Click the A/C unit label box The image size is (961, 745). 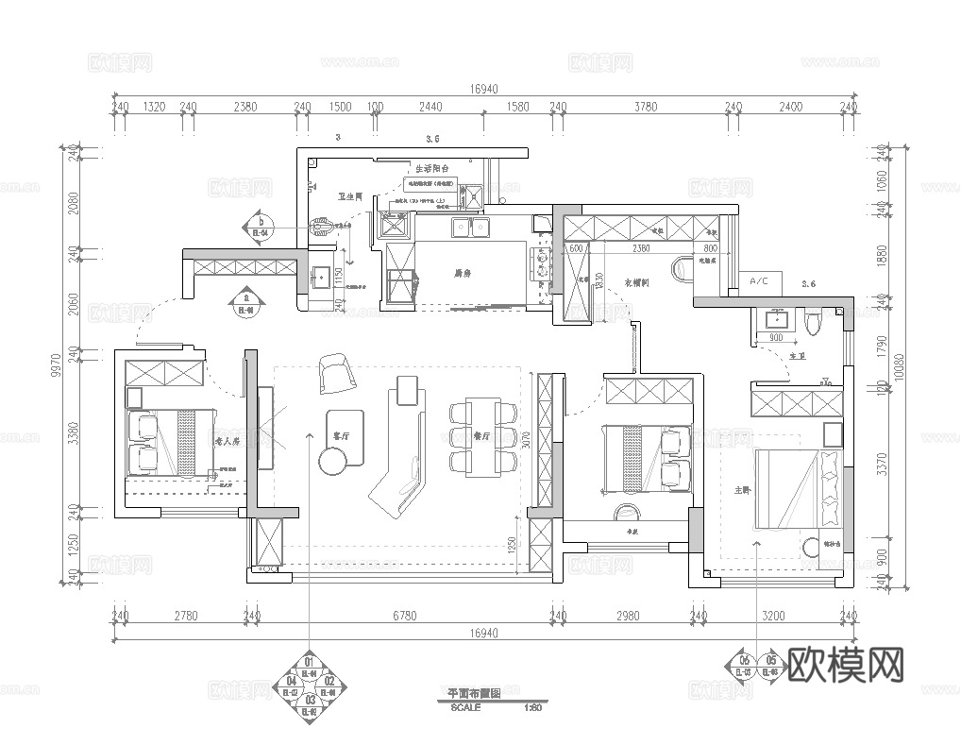tap(761, 281)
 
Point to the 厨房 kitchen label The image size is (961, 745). tap(463, 274)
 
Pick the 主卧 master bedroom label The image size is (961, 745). tap(742, 488)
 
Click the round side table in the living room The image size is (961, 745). tap(333, 461)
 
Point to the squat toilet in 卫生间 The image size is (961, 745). tap(322, 226)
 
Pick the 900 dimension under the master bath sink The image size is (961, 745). tap(776, 337)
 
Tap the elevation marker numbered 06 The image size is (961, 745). tap(744, 660)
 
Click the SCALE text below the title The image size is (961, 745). tap(465, 707)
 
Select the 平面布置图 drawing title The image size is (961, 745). tap(466, 693)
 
